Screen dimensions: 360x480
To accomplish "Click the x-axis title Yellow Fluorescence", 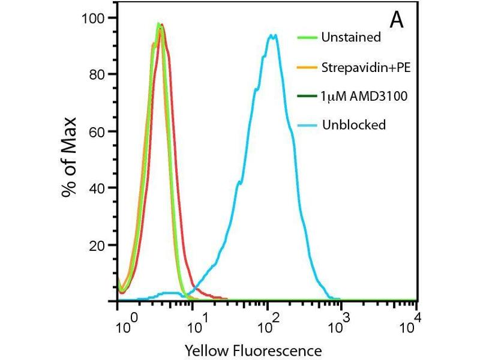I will coord(253,350).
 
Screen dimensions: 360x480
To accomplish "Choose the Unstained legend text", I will coord(351,37).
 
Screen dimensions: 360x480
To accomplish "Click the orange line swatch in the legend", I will coord(307,67).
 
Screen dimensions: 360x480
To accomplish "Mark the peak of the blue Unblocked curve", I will coord(273,35).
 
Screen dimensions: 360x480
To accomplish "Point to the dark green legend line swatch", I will coord(307,95).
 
